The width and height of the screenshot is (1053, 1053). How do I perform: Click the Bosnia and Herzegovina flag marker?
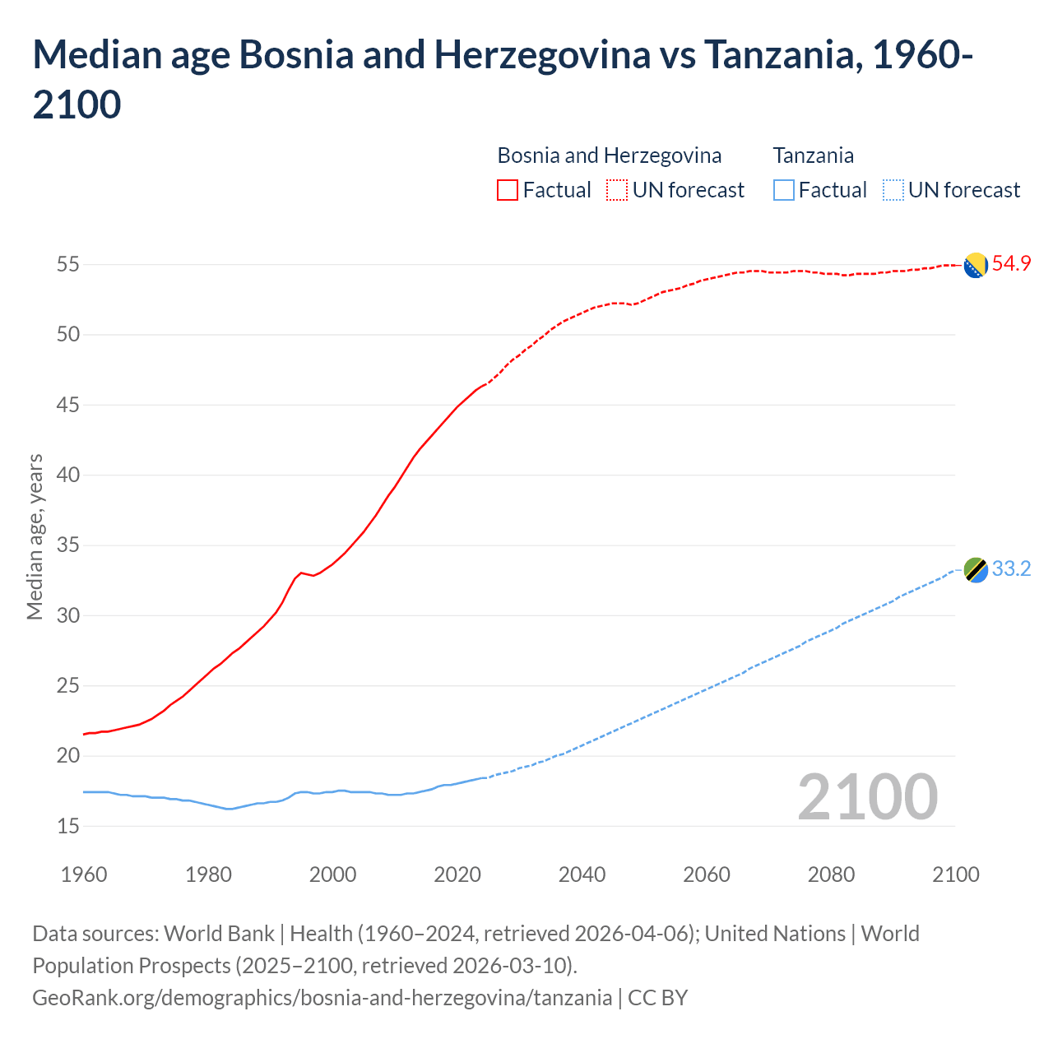coord(975,266)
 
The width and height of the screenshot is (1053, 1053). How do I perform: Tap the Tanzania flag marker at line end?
coord(975,569)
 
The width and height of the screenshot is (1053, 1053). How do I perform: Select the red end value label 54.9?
coord(1011,264)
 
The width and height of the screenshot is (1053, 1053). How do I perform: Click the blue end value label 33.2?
coord(1011,569)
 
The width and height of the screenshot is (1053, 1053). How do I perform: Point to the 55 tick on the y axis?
coord(67,265)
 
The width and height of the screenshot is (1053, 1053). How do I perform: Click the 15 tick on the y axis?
coord(67,826)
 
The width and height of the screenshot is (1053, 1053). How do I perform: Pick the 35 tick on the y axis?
coord(67,545)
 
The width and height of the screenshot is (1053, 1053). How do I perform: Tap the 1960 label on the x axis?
coord(84,874)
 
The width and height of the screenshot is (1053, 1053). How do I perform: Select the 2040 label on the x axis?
coord(582,874)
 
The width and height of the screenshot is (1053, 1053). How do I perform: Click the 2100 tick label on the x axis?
coord(955,874)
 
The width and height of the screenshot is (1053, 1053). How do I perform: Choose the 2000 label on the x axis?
coord(332,874)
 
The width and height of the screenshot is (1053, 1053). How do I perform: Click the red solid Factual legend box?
coord(508,190)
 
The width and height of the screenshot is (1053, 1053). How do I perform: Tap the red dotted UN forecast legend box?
coord(617,190)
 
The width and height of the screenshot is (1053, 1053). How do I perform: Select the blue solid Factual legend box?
coord(784,190)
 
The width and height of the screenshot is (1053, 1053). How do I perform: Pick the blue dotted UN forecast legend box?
coord(893,190)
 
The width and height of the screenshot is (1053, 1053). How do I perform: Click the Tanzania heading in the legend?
coord(813,155)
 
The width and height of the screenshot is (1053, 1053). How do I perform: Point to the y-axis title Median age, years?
coord(35,536)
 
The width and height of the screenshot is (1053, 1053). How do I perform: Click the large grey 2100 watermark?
coord(867,797)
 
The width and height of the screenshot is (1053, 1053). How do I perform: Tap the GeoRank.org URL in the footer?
coord(322,998)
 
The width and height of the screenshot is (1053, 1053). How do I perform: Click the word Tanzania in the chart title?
coord(782,55)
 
